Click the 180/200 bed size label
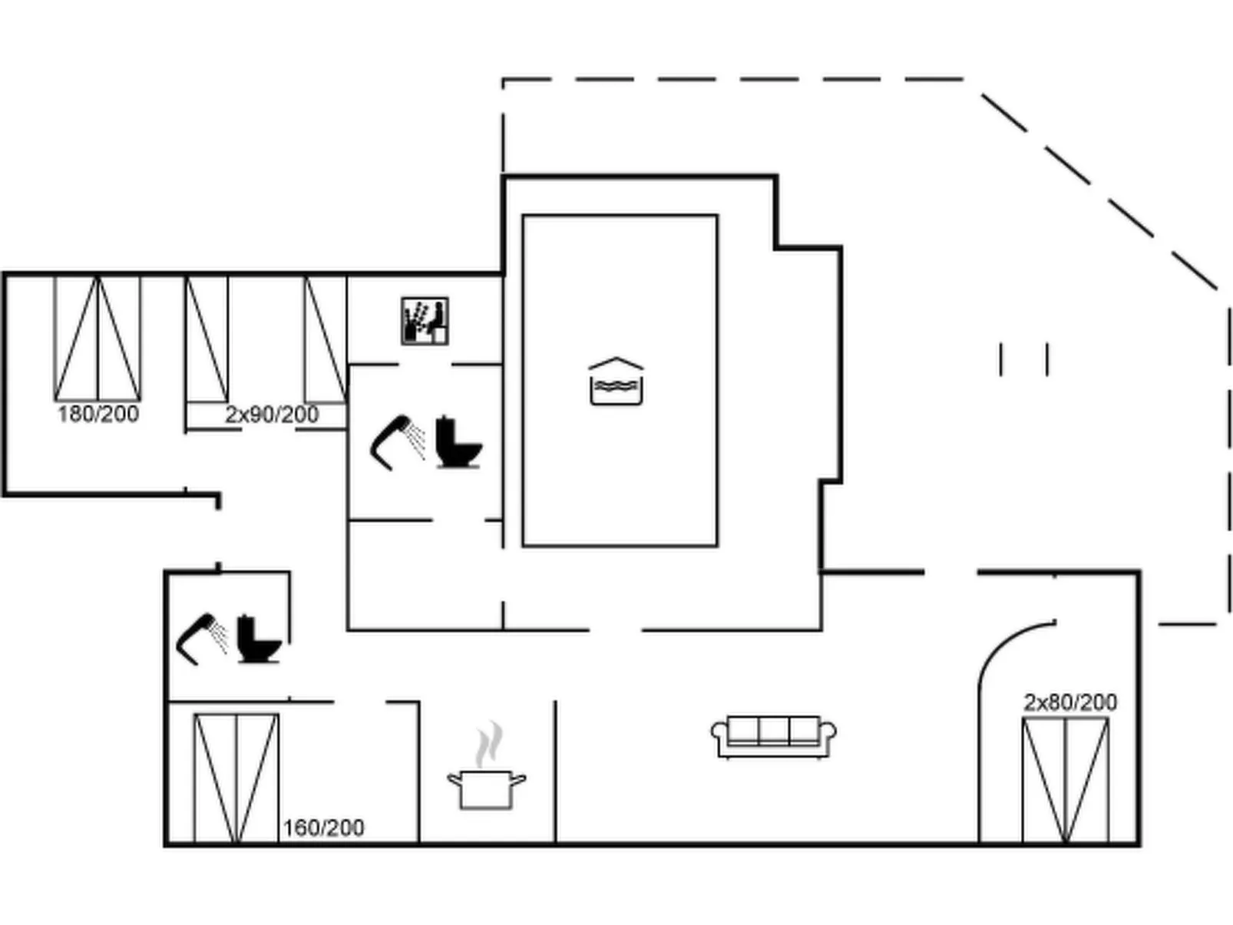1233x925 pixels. coord(98,414)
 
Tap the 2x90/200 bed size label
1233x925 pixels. coord(271,415)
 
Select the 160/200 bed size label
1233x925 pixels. coord(323,828)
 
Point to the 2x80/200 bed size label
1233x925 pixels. coord(1069,702)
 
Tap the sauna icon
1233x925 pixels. coord(425,321)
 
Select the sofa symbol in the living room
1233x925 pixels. coord(773,735)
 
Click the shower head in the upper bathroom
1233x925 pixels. coord(396,442)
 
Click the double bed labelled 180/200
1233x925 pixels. coord(98,339)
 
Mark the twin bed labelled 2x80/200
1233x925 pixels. coord(1066,780)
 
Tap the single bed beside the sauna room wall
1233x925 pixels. coord(326,339)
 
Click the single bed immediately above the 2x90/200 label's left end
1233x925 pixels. coord(207,339)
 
